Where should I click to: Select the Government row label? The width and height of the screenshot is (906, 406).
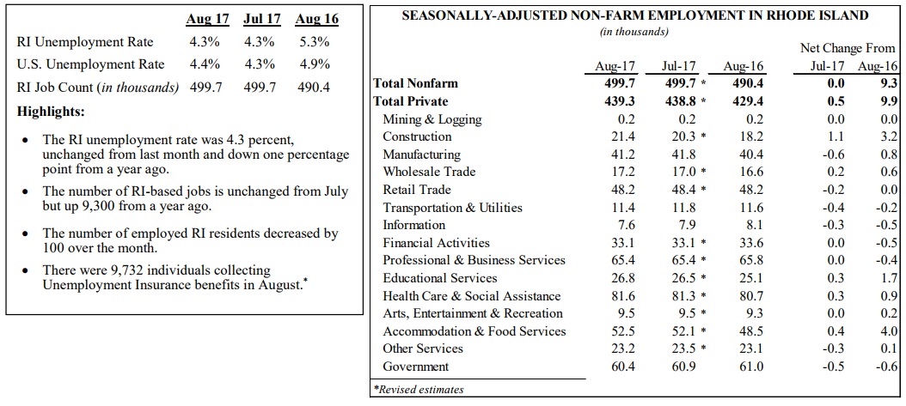(x=415, y=367)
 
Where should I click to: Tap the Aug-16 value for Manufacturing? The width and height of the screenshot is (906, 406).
(x=752, y=155)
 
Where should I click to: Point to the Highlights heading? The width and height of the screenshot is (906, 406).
(x=51, y=112)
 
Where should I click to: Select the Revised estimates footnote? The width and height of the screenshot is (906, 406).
(x=419, y=390)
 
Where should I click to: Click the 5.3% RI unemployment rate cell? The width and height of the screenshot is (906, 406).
(x=315, y=41)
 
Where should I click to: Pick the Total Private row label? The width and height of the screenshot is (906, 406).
(x=411, y=101)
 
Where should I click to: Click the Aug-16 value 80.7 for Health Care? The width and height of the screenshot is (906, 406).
(x=752, y=296)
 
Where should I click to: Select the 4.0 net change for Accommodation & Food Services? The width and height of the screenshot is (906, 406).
(x=890, y=331)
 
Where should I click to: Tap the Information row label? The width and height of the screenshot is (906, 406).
(x=413, y=225)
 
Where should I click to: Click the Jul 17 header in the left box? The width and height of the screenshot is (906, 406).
(x=262, y=20)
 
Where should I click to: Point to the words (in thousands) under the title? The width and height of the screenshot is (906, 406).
(x=634, y=32)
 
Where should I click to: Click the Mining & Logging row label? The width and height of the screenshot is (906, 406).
(x=432, y=119)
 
